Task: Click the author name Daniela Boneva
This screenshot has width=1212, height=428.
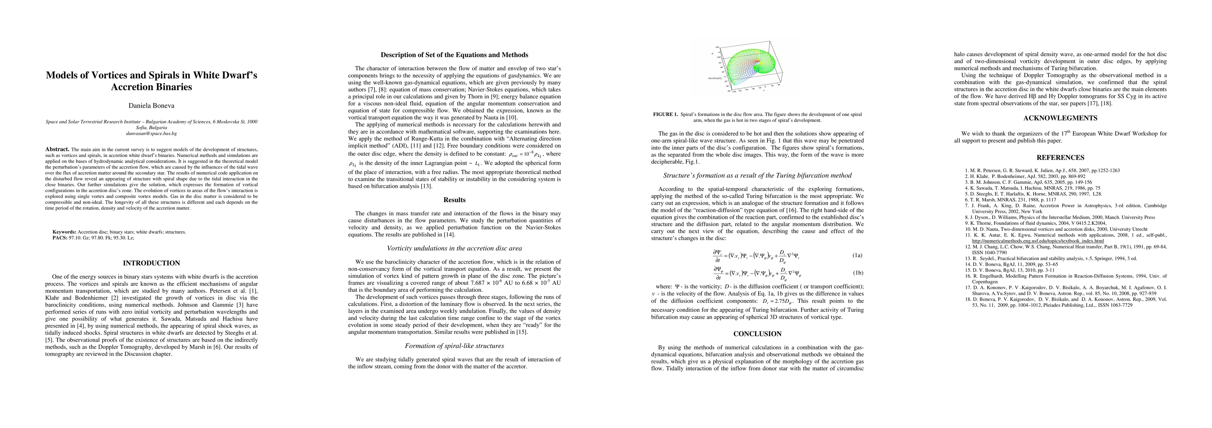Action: (151, 106)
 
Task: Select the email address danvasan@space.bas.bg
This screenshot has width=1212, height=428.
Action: (151, 133)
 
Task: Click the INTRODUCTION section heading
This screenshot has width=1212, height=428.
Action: (151, 263)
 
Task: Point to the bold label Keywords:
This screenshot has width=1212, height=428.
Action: (64, 231)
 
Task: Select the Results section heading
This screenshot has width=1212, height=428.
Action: (454, 200)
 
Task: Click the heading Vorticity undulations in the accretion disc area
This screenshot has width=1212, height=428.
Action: (454, 248)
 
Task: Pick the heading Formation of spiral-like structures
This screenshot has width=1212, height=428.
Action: (454, 346)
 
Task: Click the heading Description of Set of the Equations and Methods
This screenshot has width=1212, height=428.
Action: (454, 55)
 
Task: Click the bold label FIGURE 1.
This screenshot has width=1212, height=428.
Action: (666, 114)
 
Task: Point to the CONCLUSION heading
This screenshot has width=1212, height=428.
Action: (757, 334)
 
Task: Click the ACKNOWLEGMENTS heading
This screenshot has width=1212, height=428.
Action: (1060, 118)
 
